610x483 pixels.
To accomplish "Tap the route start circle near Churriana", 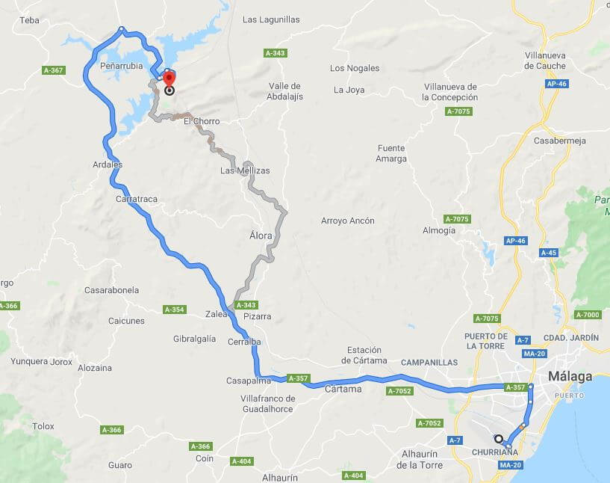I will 498,439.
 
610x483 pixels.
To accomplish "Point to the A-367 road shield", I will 53,70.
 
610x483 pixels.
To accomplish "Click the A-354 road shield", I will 173,310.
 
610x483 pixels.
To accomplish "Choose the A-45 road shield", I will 549,253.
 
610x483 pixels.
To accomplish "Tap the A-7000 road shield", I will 588,315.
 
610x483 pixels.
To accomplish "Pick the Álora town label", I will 261,236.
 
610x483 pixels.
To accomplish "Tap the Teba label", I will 29,20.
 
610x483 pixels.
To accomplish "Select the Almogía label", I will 438,230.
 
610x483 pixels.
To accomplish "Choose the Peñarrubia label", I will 122,66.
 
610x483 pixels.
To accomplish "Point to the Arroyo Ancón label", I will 347,221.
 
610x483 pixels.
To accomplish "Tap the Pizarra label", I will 258,316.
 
